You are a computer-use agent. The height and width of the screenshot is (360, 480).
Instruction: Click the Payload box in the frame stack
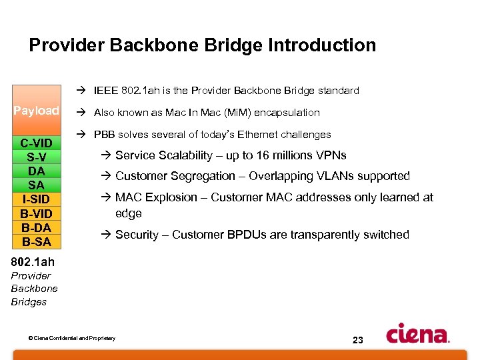tap(37, 111)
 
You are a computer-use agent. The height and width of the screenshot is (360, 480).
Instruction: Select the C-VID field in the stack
tap(37, 143)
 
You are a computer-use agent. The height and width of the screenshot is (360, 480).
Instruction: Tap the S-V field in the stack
tap(37, 157)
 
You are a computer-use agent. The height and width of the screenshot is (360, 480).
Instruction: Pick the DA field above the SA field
tap(37, 171)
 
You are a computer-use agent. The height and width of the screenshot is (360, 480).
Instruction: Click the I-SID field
tap(37, 199)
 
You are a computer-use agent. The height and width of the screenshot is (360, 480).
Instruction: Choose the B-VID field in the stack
tap(37, 213)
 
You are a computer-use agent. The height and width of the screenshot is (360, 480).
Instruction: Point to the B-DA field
tap(37, 227)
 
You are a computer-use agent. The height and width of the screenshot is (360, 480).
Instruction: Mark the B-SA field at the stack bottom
tap(37, 241)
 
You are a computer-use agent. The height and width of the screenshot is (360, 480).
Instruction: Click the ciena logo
tap(417, 333)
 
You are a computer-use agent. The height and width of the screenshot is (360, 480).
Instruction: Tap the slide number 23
tap(357, 340)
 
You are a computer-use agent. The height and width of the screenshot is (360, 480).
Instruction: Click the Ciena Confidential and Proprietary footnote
tap(72, 339)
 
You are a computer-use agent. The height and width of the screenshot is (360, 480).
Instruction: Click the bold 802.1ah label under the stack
tap(33, 262)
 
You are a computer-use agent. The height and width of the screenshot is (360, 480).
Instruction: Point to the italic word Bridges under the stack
tap(29, 302)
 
